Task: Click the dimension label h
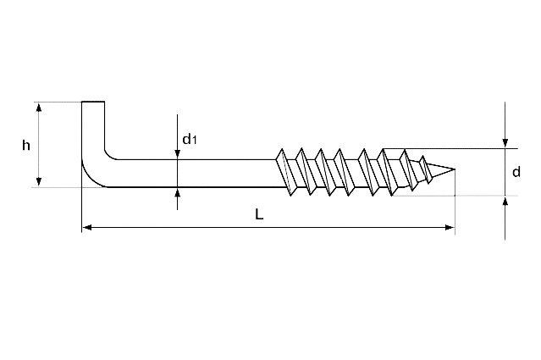pos(26,146)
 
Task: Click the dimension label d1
pos(190,139)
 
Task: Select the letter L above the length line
pos(259,214)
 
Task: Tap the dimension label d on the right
pos(516,172)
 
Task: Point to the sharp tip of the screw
pos(455,169)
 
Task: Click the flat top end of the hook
pos(93,102)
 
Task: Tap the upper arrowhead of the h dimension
pos(39,108)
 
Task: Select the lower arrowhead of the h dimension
pos(39,182)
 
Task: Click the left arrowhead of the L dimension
pos(87,227)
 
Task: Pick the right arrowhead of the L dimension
pos(450,227)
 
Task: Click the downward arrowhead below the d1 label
pos(177,154)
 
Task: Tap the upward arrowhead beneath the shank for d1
pos(177,192)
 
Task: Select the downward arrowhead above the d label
pos(505,143)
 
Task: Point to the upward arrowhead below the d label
pos(505,201)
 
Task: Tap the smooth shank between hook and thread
pos(196,174)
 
